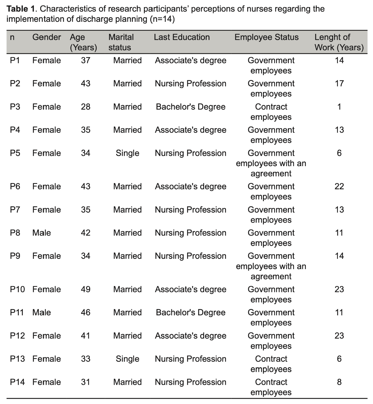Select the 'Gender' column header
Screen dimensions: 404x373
(x=47, y=37)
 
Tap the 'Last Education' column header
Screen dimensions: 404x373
(x=182, y=37)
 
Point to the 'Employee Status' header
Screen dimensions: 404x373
(x=266, y=37)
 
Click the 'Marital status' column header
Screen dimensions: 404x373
(x=121, y=42)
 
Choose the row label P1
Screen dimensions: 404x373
(x=15, y=61)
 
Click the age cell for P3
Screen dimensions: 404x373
(x=86, y=107)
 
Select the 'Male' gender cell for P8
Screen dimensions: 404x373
(x=42, y=233)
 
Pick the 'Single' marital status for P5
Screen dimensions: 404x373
(x=127, y=153)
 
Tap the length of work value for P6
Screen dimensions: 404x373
(x=339, y=187)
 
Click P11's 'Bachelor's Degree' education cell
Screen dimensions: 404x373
(x=191, y=312)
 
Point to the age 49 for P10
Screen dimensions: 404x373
(x=86, y=289)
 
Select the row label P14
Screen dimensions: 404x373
(x=17, y=382)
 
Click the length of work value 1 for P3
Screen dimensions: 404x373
(x=339, y=107)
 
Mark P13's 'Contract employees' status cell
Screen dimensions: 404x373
(x=271, y=364)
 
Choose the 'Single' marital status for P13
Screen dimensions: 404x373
(x=127, y=359)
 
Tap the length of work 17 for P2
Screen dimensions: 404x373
(x=339, y=83)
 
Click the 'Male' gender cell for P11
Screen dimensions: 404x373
(x=42, y=312)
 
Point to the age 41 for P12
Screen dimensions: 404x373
(x=86, y=336)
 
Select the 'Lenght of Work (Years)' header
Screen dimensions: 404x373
(x=339, y=42)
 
